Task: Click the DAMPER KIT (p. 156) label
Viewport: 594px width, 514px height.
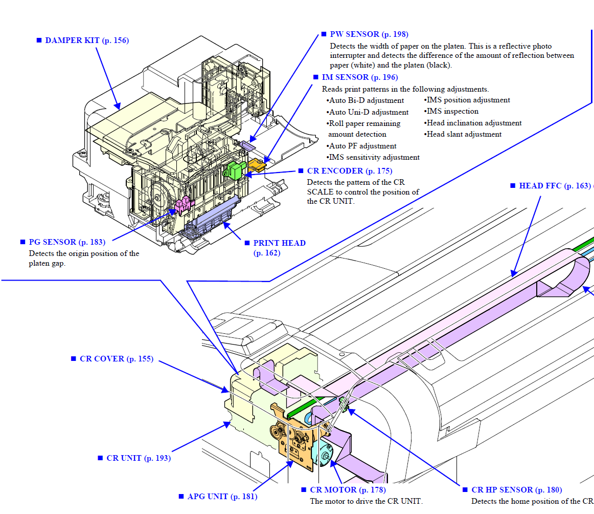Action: pyautogui.click(x=87, y=40)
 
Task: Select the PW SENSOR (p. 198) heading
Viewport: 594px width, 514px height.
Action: pyautogui.click(x=369, y=34)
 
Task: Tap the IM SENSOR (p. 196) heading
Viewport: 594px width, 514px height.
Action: pyautogui.click(x=359, y=77)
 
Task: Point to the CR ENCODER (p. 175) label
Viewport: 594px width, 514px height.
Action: pyautogui.click(x=350, y=171)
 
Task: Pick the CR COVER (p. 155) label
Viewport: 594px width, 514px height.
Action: pyautogui.click(x=116, y=359)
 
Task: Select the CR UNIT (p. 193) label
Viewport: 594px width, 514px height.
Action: pyautogui.click(x=138, y=458)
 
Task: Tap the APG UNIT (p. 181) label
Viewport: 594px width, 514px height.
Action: pyautogui.click(x=222, y=497)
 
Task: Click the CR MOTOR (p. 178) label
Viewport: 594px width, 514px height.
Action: pyautogui.click(x=347, y=490)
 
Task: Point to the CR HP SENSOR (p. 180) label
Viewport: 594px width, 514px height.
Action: pyautogui.click(x=516, y=490)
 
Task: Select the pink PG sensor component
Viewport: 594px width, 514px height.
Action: pyautogui.click(x=182, y=205)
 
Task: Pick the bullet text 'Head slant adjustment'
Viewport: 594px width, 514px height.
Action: pyautogui.click(x=464, y=135)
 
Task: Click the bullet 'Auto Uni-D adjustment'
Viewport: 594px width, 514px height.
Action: pyautogui.click(x=368, y=112)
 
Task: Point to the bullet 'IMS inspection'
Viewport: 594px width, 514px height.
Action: pyautogui.click(x=452, y=112)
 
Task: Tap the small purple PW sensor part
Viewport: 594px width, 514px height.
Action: pyautogui.click(x=247, y=145)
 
